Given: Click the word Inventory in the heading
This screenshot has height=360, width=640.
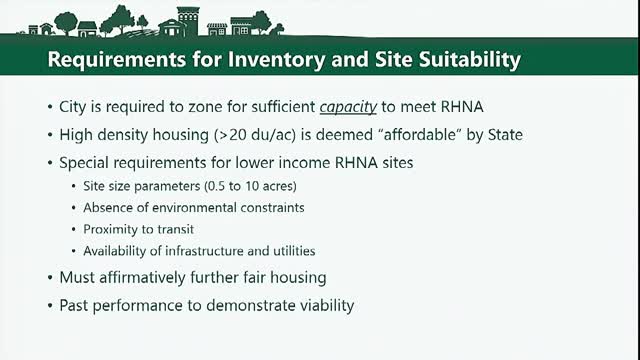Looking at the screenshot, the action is pos(276,59).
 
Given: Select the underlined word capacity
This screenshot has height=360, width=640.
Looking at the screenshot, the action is pos(348,107).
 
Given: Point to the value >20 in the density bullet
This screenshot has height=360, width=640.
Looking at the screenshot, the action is pos(233,135).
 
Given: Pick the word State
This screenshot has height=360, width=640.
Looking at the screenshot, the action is pos(505,135).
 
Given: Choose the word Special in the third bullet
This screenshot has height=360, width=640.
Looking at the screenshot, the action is pos(84,163).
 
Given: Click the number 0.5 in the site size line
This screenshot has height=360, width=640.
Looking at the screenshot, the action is pos(216,186).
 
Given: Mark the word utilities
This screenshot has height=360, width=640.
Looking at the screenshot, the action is pos(295,251).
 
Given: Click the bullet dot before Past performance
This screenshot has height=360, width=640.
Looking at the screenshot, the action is pos(50,306).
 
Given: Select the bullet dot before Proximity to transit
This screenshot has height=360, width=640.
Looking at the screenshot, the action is pos(73,229).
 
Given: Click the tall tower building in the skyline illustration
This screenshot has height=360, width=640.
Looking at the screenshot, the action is pos(188,21).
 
